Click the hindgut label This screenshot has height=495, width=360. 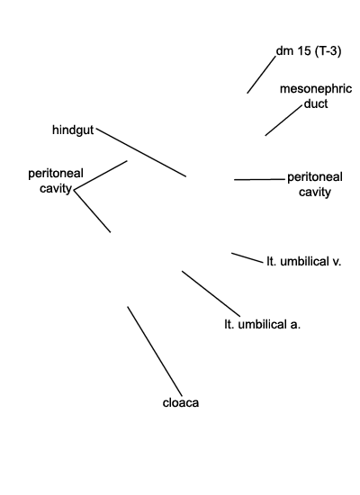click(73, 130)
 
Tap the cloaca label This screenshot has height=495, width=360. click(181, 403)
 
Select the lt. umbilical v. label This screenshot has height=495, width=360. click(304, 262)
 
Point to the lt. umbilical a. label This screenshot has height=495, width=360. click(263, 325)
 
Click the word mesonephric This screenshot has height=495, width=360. click(316, 89)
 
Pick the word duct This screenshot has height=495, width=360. click(316, 103)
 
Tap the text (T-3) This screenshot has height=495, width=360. click(328, 50)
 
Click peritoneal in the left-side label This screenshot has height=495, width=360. click(56, 174)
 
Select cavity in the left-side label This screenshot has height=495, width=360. click(56, 188)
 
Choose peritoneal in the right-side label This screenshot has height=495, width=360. click(315, 177)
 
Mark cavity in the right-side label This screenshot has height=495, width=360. click(315, 192)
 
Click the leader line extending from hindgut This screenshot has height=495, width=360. click(141, 152)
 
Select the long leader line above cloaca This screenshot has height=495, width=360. click(155, 351)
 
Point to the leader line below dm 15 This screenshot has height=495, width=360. click(262, 75)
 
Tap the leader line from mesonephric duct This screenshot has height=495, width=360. click(283, 121)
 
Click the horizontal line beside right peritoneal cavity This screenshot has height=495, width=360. click(259, 180)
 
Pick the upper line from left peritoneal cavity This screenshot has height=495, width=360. click(101, 175)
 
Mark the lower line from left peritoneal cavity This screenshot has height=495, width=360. click(92, 211)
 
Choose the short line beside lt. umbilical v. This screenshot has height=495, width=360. click(247, 257)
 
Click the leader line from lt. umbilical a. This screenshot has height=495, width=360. click(211, 293)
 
